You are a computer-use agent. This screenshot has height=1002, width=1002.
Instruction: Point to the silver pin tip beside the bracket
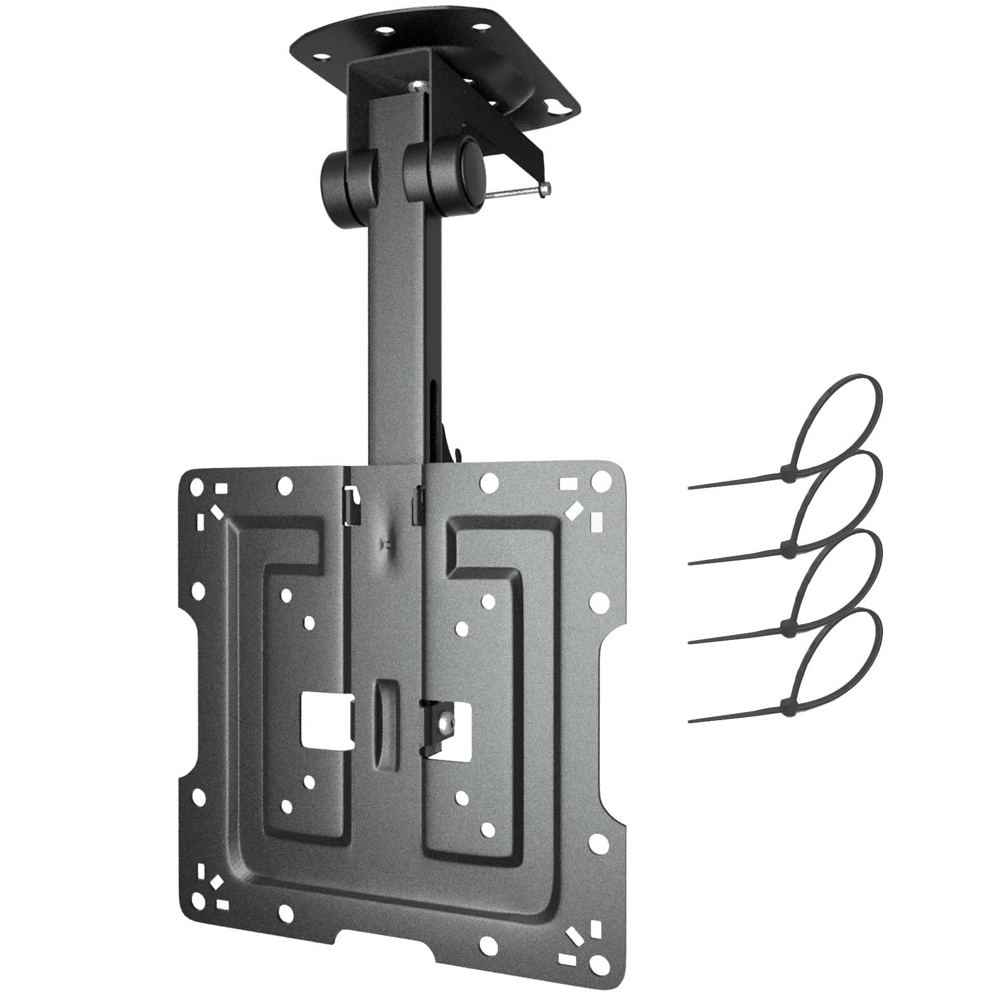tap(546, 186)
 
